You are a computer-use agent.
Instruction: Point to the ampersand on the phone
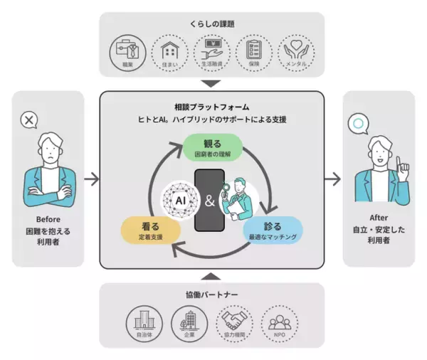(209, 201)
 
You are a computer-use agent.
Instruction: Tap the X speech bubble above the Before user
(28, 120)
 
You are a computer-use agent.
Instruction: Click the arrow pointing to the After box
(332, 179)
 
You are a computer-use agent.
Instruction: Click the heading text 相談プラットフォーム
(213, 106)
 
